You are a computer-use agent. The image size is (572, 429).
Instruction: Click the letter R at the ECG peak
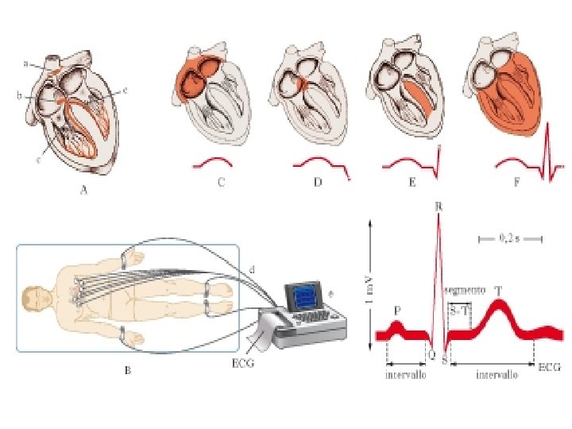[x=439, y=207]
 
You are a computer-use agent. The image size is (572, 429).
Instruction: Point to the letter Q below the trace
[x=431, y=357]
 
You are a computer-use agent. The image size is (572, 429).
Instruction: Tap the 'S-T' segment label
[x=459, y=311]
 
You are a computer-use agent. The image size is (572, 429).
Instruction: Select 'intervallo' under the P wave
[x=406, y=374]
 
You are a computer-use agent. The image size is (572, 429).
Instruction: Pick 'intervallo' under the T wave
[x=497, y=374]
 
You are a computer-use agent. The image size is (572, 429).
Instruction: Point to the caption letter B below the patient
[x=126, y=372]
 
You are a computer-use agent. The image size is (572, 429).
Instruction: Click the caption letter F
[x=517, y=182]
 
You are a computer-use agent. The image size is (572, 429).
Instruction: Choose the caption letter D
[x=318, y=182]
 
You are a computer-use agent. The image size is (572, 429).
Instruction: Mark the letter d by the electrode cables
[x=253, y=270]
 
